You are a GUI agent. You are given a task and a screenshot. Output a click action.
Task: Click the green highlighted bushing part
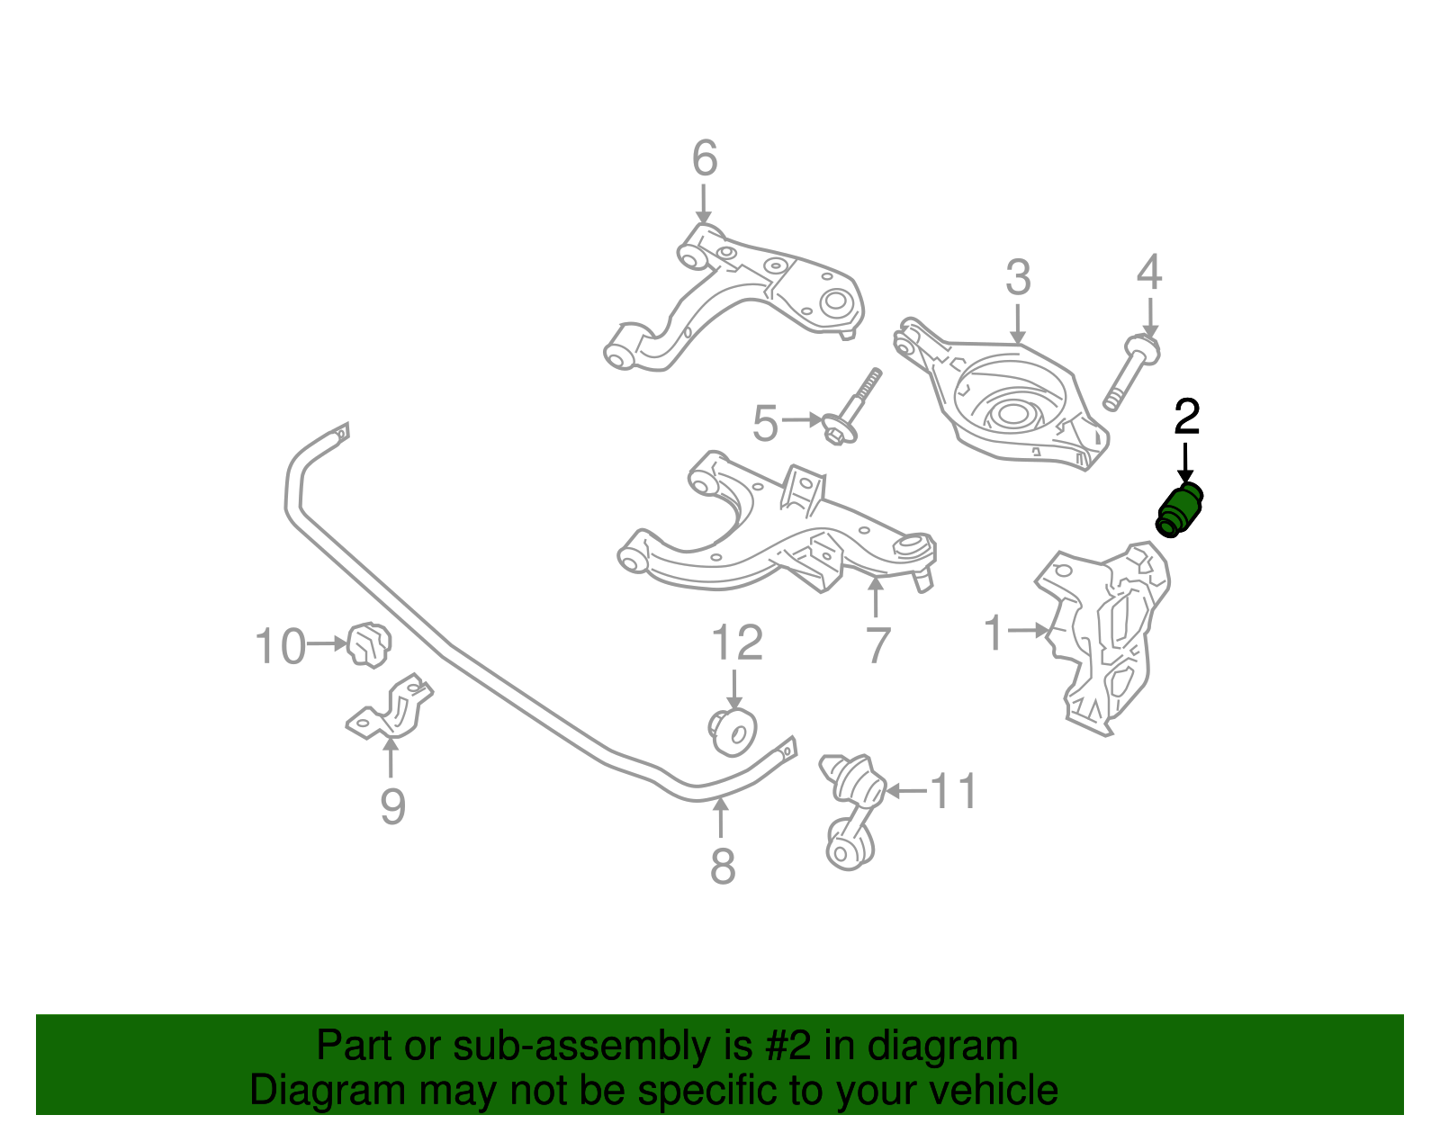1179,510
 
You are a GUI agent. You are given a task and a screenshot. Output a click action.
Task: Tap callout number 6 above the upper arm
705,159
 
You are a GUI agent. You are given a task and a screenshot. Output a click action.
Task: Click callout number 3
1018,278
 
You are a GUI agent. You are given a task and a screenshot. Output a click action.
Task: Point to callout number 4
1149,273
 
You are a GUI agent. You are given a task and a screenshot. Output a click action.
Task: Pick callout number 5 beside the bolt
765,424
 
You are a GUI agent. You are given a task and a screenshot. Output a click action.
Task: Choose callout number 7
877,645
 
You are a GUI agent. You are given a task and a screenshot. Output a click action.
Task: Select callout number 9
392,806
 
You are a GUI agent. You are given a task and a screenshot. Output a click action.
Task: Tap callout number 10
280,647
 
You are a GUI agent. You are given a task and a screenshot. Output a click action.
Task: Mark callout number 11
953,792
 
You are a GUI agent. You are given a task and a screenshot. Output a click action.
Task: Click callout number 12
737,643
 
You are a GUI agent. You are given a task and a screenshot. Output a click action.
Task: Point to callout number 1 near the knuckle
994,633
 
